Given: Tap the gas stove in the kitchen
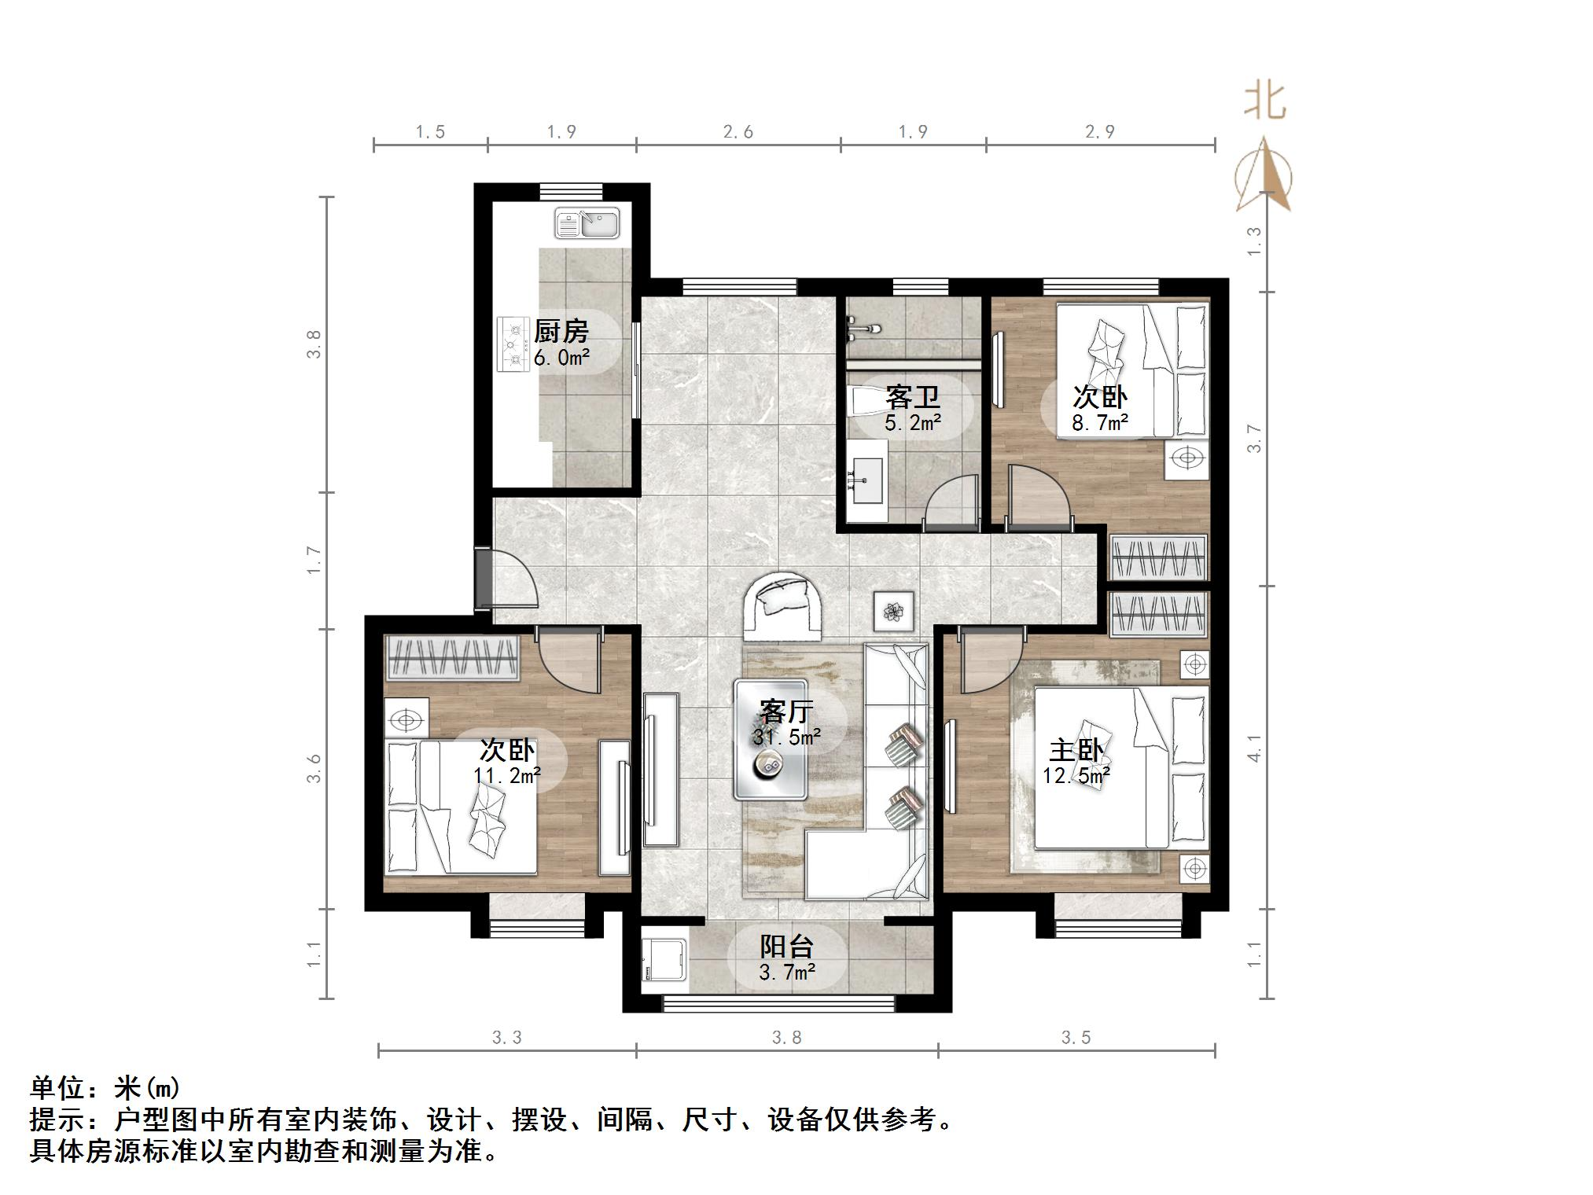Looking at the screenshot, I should [514, 344].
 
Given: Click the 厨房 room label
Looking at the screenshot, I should [561, 331].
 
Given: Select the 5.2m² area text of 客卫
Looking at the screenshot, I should [912, 423].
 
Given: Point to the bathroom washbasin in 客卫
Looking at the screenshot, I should [868, 472].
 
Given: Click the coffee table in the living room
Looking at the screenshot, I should [770, 739].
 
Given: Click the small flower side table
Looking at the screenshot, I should [893, 612].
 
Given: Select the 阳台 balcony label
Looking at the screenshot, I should [785, 946].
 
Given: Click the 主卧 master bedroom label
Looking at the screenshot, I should [1076, 750].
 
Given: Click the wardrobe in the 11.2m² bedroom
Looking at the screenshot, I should [452, 657].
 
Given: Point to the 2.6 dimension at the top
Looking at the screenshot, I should [738, 131].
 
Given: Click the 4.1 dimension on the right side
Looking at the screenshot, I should [1254, 748].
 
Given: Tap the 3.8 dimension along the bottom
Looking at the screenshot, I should [786, 1038].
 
